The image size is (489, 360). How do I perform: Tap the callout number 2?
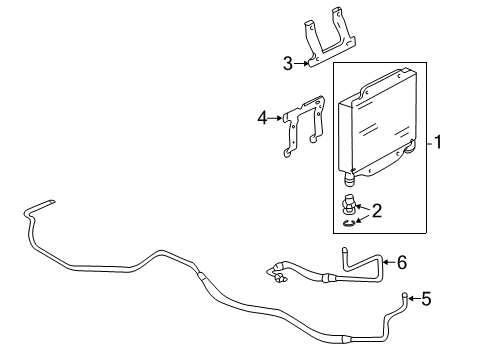[377, 210]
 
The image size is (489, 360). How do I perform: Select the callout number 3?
[287, 65]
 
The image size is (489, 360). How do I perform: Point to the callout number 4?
[261, 118]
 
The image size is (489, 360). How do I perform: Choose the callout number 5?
[426, 297]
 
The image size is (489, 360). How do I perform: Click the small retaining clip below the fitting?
[347, 223]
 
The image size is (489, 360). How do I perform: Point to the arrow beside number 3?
[302, 65]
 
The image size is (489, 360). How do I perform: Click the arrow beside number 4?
[275, 118]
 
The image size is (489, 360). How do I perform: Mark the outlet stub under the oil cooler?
[349, 180]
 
